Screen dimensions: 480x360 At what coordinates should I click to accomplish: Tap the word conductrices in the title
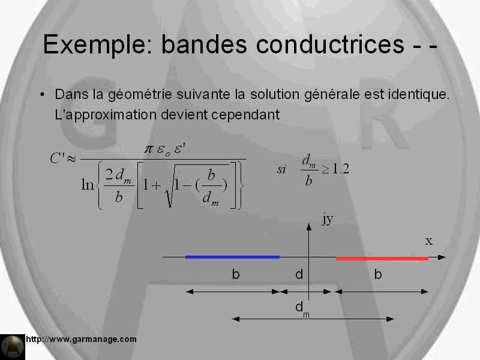(330, 44)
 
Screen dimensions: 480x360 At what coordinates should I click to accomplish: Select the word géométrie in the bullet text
(140, 95)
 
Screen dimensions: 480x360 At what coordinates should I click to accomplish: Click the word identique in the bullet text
(418, 94)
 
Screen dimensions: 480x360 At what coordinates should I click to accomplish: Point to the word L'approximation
(106, 115)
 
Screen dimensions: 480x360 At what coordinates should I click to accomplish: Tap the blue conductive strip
(232, 257)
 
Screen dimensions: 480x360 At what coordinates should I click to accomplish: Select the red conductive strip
(382, 259)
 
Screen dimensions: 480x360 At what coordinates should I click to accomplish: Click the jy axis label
(328, 219)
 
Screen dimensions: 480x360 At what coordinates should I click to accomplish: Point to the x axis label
(429, 241)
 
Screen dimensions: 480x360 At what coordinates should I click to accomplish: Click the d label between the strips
(299, 274)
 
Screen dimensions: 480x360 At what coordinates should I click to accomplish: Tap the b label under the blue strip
(235, 274)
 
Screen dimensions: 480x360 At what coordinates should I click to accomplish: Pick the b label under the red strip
(378, 274)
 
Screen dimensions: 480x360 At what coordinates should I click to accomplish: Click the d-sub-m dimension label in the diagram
(302, 309)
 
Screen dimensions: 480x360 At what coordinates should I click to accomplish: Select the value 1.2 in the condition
(340, 169)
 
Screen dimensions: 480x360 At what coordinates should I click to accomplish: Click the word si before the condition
(281, 169)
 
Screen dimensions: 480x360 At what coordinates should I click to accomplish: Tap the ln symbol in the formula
(88, 185)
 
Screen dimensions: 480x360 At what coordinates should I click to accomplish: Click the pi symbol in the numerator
(148, 149)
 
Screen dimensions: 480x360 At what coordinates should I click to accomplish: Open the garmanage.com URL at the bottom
(81, 339)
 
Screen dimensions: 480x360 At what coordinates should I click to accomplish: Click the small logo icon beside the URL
(13, 347)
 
